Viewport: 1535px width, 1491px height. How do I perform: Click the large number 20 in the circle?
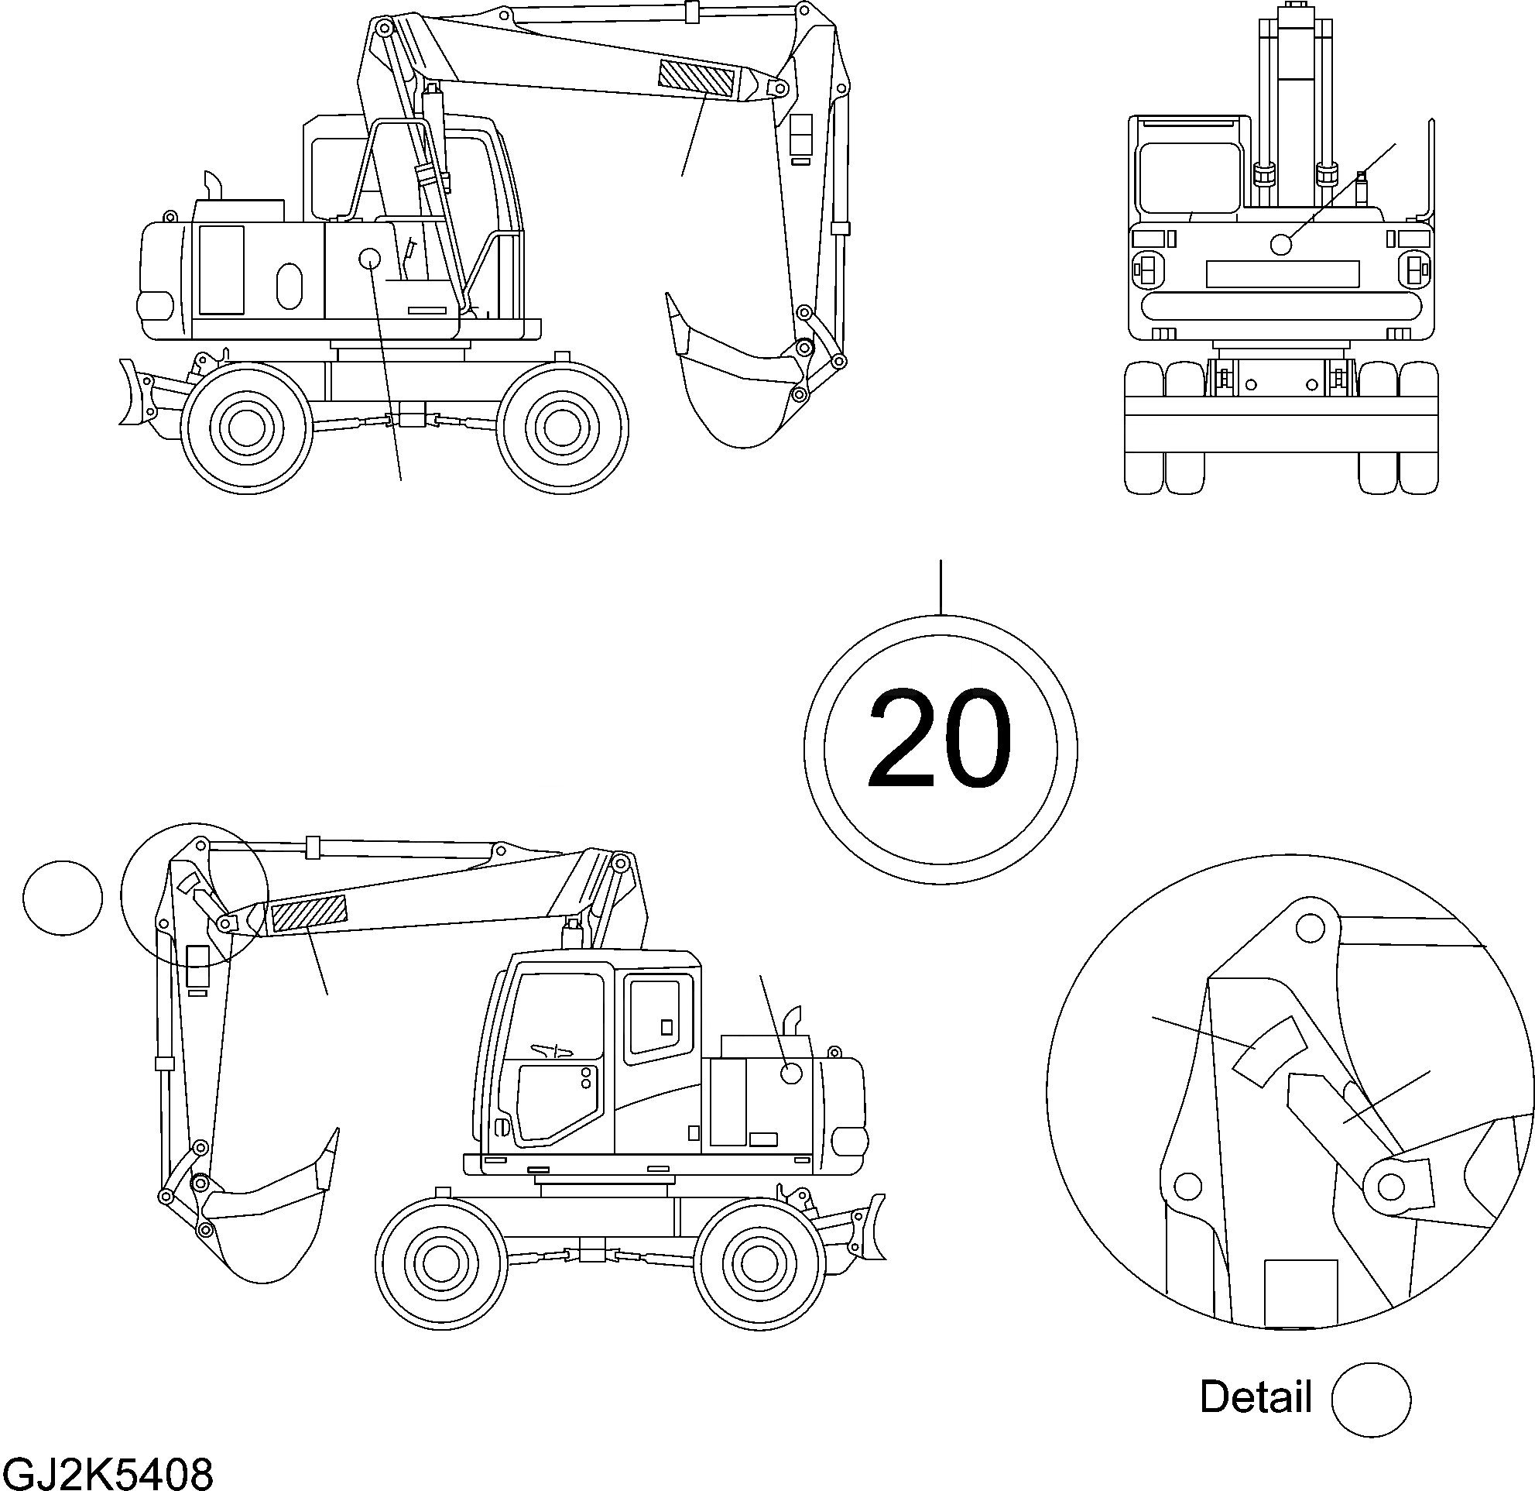click(940, 740)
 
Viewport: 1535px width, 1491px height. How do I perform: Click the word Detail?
click(1256, 1397)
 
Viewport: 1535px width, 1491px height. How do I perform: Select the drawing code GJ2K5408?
click(108, 1474)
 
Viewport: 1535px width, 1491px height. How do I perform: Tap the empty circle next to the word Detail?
click(1371, 1400)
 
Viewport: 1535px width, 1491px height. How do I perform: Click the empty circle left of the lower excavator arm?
click(63, 898)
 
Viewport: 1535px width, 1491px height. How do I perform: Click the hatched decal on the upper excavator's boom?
click(696, 78)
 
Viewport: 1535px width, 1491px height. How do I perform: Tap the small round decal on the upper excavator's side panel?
click(369, 258)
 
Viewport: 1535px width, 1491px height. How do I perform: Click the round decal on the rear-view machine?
click(1280, 245)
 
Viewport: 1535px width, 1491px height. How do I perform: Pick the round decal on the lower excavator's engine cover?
click(792, 1073)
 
